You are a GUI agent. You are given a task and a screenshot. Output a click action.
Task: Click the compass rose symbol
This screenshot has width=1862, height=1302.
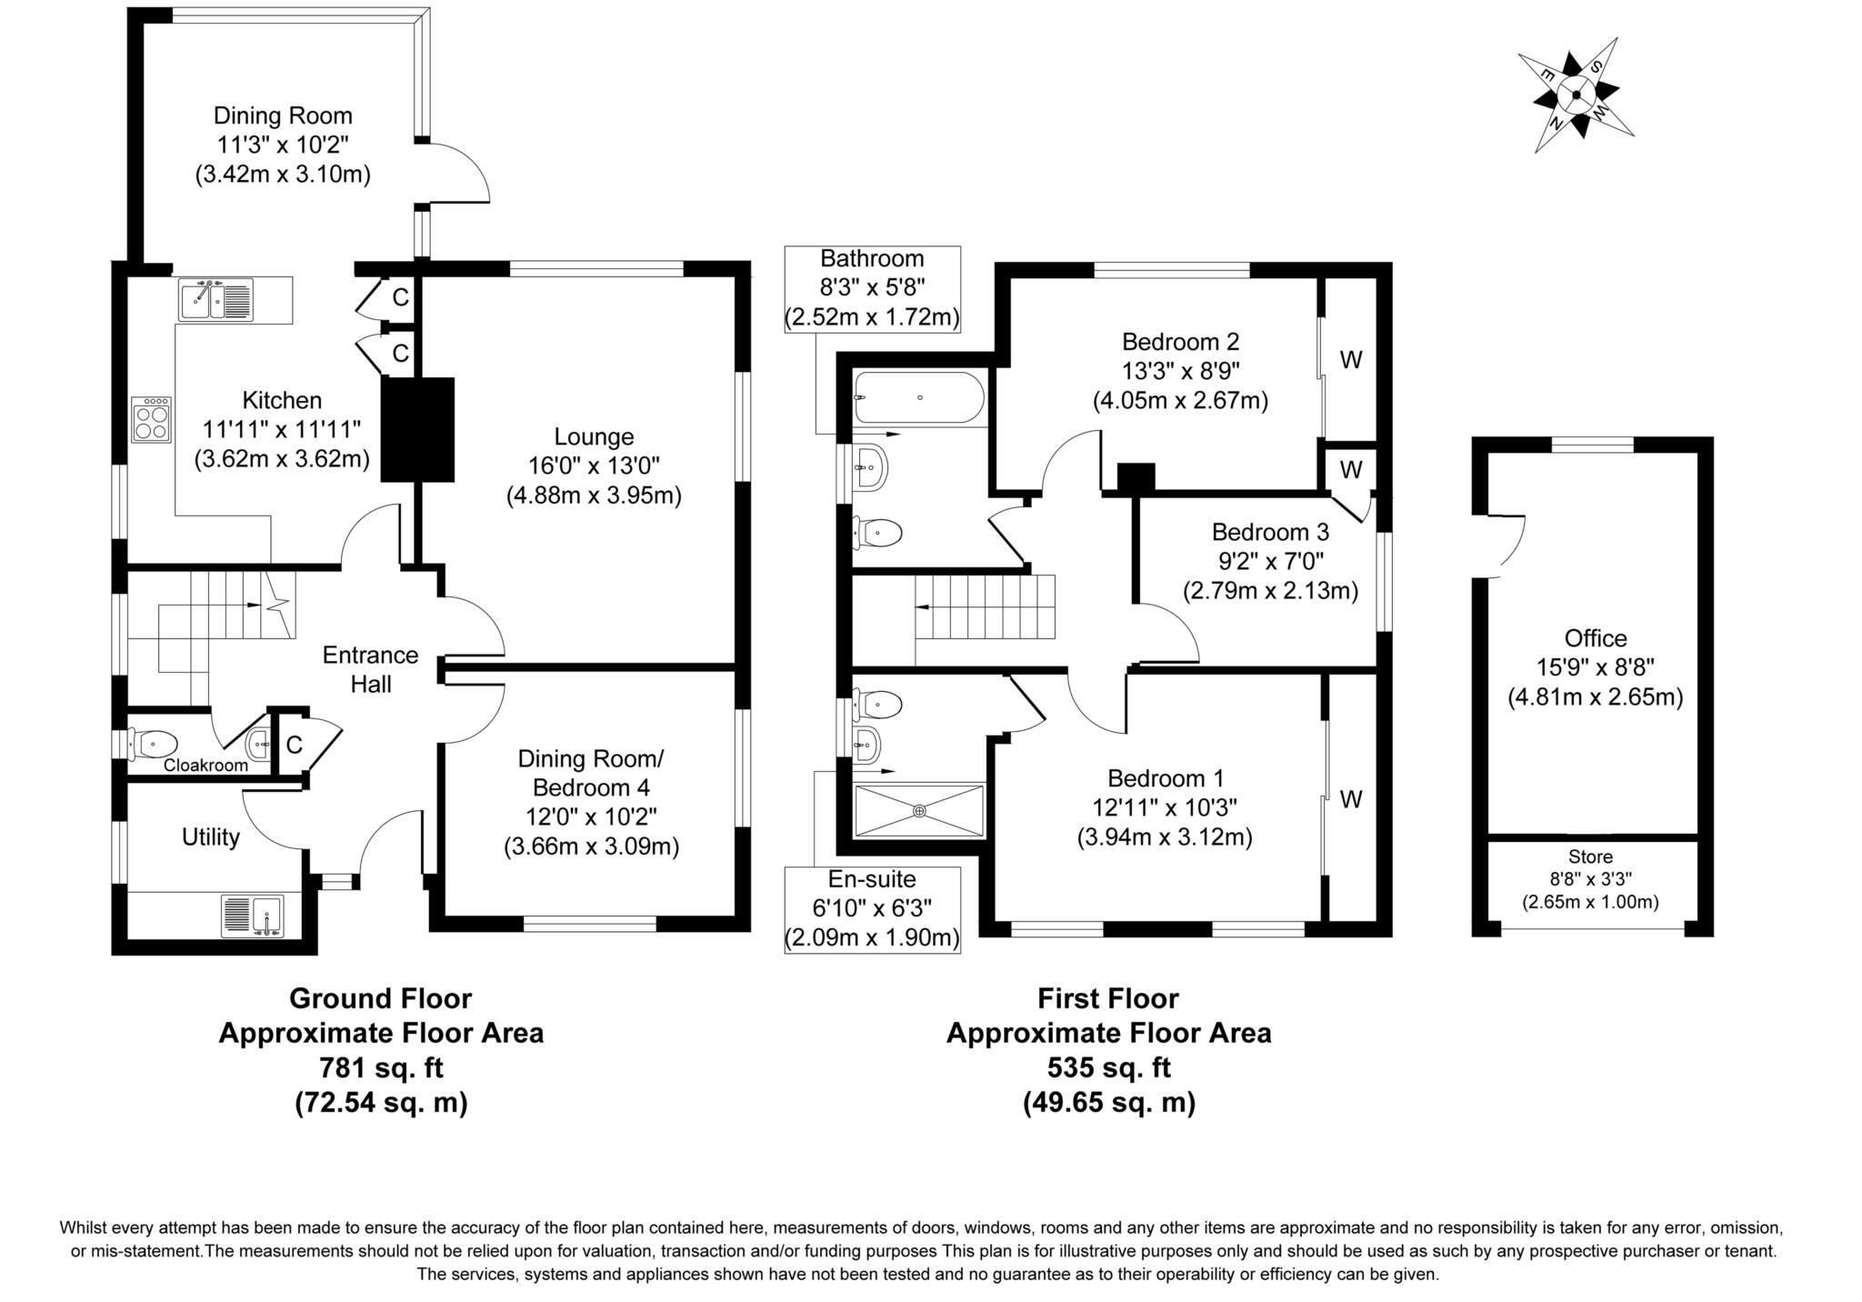pos(1576,94)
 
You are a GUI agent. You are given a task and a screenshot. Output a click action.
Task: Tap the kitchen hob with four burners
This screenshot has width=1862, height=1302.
pos(152,419)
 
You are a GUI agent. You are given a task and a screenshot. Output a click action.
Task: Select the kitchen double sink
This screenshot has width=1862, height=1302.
pos(216,299)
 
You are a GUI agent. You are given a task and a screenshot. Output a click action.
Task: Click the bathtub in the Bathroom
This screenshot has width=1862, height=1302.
pos(918,398)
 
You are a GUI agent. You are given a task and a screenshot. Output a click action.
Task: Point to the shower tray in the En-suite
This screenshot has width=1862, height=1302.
pos(918,810)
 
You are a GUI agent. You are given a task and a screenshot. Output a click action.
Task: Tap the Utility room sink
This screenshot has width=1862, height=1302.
pos(254,916)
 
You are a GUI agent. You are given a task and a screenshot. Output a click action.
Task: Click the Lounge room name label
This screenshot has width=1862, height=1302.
pos(594,436)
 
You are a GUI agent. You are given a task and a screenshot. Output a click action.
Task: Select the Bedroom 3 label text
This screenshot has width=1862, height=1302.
pos(1270,532)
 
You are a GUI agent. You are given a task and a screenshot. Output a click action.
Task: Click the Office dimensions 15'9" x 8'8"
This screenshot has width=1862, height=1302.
pos(1595,667)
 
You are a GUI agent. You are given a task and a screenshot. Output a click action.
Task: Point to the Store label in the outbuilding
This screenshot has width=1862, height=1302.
pos(1590,856)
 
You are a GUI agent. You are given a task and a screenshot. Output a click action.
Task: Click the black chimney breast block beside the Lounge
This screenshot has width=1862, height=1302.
pos(416,429)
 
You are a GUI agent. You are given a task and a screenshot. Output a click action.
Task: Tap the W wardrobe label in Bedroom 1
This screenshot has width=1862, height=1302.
pos(1351,799)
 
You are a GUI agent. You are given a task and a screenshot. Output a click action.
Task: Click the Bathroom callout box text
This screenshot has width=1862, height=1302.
pos(872,288)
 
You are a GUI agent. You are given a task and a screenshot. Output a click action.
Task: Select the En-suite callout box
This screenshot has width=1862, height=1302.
pos(872,909)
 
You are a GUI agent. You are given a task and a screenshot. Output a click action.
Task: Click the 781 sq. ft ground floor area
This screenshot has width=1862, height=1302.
pos(381,1067)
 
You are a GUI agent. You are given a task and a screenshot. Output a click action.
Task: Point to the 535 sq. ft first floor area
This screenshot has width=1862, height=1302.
pos(1108,1067)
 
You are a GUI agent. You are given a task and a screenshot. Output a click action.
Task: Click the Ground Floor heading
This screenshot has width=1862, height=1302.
pos(380,998)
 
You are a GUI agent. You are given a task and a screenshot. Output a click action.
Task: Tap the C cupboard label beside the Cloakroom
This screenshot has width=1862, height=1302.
pos(294,745)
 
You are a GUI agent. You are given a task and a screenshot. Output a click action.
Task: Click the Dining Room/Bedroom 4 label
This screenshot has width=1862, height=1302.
pos(591,773)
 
